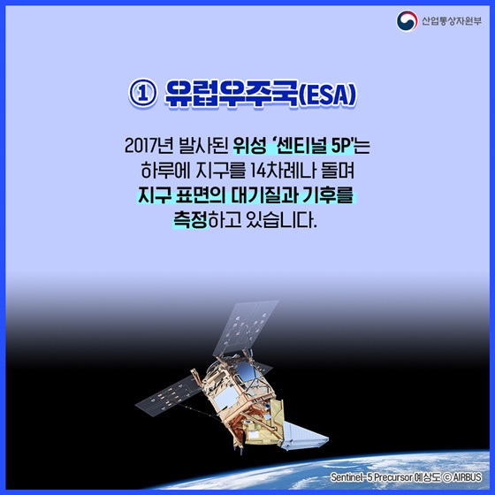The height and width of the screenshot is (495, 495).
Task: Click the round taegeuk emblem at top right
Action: pyautogui.click(x=406, y=19)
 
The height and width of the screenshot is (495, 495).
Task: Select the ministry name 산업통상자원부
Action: pyautogui.click(x=450, y=19)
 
